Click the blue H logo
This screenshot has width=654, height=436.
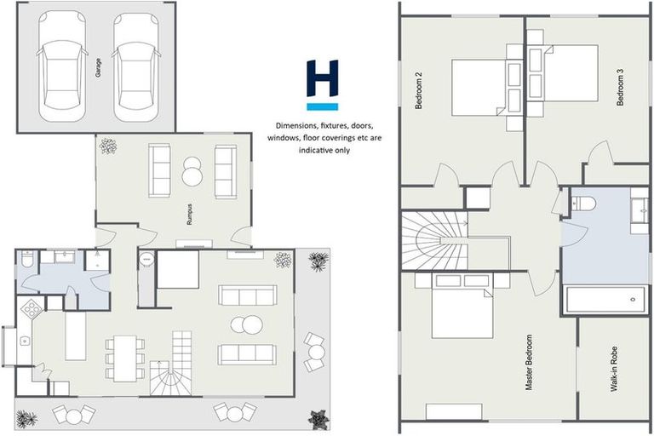point(323,80)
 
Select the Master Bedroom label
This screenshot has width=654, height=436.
point(529,362)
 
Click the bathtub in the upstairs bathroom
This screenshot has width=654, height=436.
point(603,300)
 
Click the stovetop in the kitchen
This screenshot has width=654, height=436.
point(31,307)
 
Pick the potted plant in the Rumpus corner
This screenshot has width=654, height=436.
point(107,146)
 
